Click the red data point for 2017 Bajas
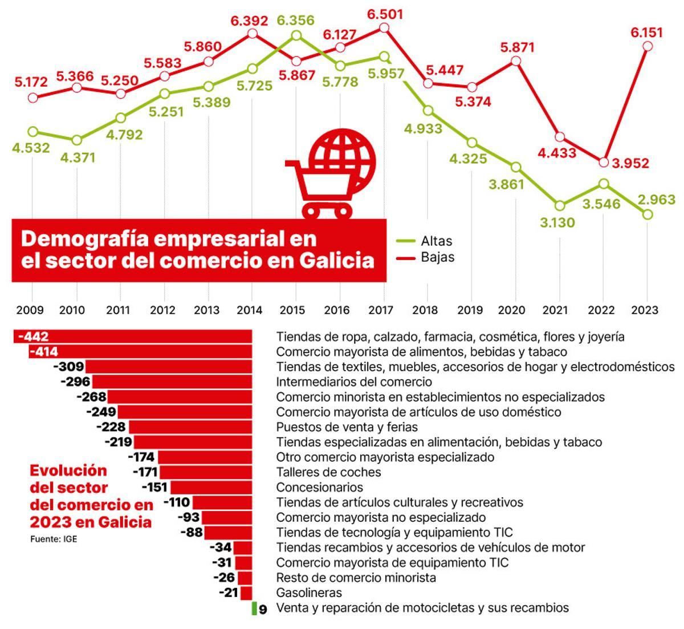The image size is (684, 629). (x=384, y=28)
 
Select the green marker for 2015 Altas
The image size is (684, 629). (x=296, y=35)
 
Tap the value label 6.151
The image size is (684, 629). (x=647, y=33)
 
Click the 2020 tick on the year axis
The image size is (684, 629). (x=515, y=310)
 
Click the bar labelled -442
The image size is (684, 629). (x=133, y=337)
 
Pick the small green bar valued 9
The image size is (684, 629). (x=254, y=608)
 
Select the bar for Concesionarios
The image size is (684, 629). (x=211, y=488)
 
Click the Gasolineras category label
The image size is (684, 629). (x=309, y=593)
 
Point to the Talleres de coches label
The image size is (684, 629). (x=328, y=472)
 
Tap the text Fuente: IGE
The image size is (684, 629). (x=53, y=539)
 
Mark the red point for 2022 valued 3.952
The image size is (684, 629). (x=604, y=162)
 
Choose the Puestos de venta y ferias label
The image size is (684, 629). (x=347, y=427)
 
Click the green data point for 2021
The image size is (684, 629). (x=560, y=205)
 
